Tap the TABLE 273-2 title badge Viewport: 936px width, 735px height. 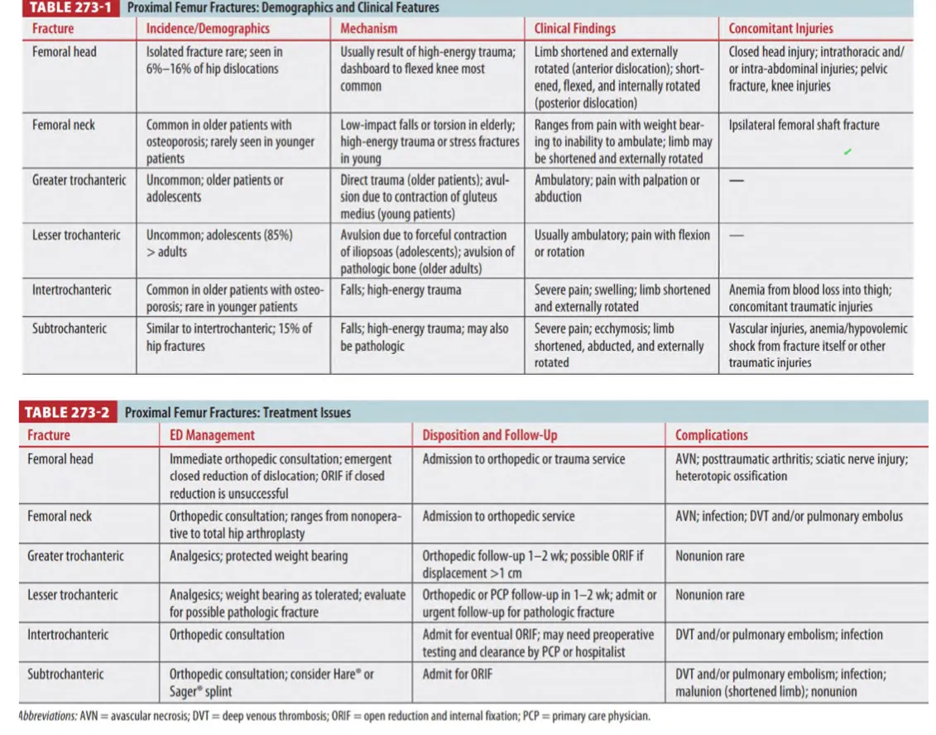pos(69,412)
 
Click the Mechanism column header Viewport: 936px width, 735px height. pos(369,28)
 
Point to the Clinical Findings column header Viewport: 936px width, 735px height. pos(575,28)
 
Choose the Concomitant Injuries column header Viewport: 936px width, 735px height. pos(780,28)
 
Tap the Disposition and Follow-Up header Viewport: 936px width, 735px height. pos(490,435)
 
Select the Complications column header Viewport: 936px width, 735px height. pos(711,435)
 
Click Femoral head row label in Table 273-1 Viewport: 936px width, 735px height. pos(64,51)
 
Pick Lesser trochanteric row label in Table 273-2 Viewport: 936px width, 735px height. pos(73,595)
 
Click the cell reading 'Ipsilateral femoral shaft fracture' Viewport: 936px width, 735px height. pos(804,125)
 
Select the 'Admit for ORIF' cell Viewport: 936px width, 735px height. pos(457,674)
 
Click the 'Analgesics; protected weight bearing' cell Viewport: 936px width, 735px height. pos(258,556)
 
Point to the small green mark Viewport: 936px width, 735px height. pos(847,152)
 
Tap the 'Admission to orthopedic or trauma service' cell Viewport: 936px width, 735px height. pos(524,459)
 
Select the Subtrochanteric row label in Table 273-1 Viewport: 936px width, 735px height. pos(70,329)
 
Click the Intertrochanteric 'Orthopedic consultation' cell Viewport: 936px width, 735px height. pos(227,635)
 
